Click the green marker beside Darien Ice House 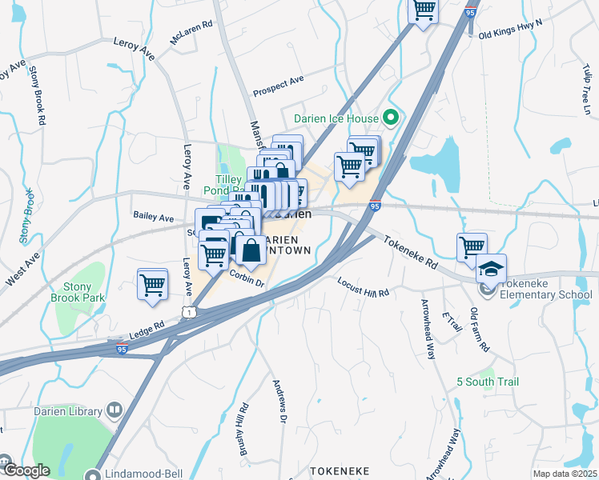(391, 118)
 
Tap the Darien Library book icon (115, 412)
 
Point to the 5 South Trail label (488, 382)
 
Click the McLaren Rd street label (191, 32)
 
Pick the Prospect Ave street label (278, 86)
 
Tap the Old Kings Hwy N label (510, 36)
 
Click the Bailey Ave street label (153, 217)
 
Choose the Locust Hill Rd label (363, 287)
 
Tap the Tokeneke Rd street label (409, 251)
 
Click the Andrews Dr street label (279, 400)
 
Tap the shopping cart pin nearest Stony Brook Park (152, 284)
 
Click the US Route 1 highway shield (188, 310)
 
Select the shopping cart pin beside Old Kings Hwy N (423, 10)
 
